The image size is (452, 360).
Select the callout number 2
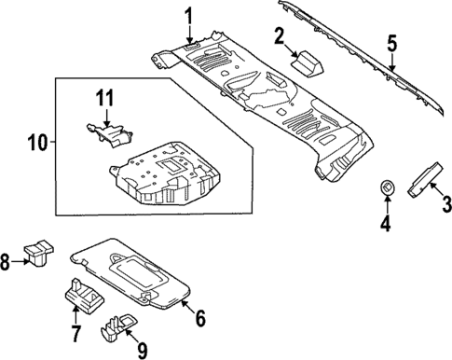click(279, 36)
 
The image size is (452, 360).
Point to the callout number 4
click(385, 223)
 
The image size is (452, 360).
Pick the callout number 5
click(392, 43)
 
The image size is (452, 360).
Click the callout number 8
click(7, 264)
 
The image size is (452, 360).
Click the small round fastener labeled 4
click(385, 189)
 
